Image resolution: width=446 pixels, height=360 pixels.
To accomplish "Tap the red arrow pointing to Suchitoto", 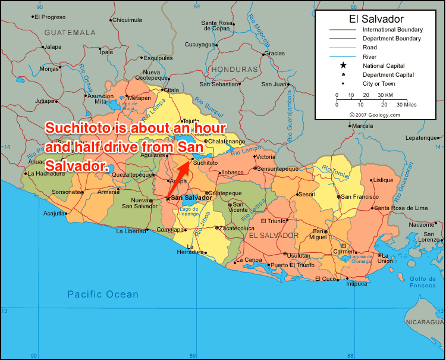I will [178, 179].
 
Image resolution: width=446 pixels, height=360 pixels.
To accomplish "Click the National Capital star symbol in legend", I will [343, 65].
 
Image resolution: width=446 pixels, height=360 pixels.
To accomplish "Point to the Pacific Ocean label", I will [102, 294].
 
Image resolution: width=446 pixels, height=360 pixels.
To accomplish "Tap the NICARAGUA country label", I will [424, 322].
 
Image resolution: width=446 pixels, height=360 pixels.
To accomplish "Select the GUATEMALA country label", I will [70, 32].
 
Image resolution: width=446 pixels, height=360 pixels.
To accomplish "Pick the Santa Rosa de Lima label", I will [401, 208].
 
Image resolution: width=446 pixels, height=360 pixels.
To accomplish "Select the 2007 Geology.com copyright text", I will [375, 114].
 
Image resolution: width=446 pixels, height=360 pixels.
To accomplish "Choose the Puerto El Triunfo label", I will [293, 265].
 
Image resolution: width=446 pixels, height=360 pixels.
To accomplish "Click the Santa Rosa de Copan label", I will [215, 26].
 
